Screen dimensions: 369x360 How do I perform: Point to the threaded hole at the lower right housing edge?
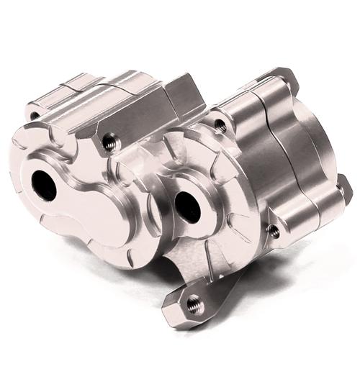(274, 231)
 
